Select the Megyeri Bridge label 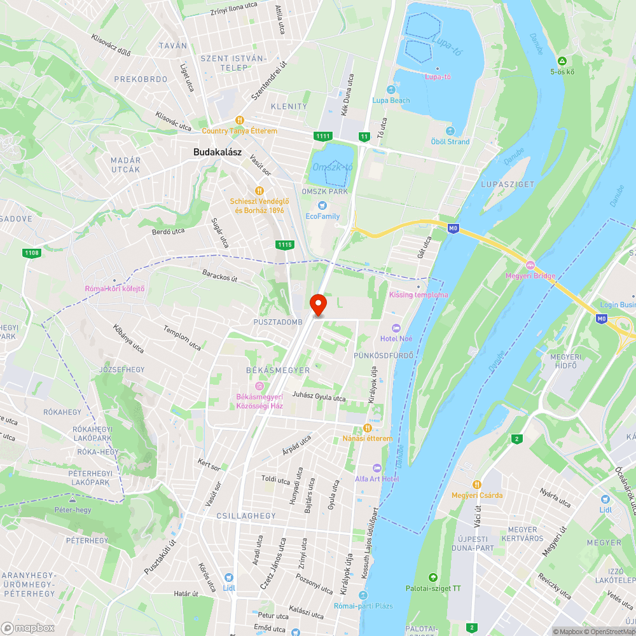click(530, 275)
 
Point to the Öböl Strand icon click(450, 131)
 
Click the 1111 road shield click(322, 137)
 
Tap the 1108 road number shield click(31, 253)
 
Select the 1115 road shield click(285, 244)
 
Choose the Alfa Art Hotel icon click(377, 468)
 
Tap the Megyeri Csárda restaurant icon click(477, 485)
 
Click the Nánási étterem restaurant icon click(366, 428)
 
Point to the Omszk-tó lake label click(332, 167)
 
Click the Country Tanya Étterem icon click(240, 120)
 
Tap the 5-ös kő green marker click(562, 61)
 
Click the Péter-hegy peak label click(73, 510)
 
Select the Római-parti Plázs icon click(363, 595)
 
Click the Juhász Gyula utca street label click(319, 397)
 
